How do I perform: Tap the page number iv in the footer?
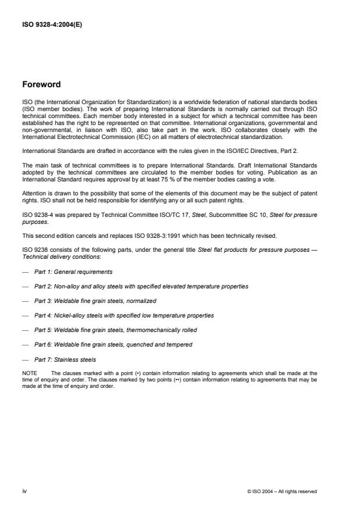click(24, 491)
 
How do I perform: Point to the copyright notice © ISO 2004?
click(281, 491)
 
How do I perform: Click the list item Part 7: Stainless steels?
click(64, 359)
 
